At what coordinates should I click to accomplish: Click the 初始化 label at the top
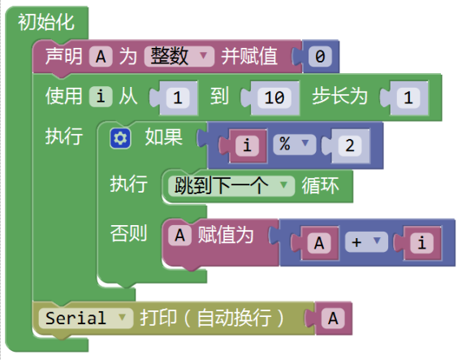point(46,23)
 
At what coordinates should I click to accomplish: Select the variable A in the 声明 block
point(101,56)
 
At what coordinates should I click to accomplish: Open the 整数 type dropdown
point(179,56)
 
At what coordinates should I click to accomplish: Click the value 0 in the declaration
point(320,56)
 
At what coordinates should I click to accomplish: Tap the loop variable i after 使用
point(101,97)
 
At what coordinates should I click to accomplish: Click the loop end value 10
point(274,98)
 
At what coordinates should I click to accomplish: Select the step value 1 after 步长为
point(408,98)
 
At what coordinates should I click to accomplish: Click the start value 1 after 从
point(177,98)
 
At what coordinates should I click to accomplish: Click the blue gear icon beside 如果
point(120,138)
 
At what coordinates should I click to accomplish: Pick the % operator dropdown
point(294,145)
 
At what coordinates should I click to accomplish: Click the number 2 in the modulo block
point(350,145)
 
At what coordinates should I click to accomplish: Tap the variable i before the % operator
point(247,145)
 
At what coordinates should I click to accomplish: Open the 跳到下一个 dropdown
point(231,186)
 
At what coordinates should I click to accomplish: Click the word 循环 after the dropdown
point(320,186)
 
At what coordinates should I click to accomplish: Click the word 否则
point(128,233)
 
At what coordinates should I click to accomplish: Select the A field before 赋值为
point(179,236)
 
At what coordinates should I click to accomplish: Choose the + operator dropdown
point(366,242)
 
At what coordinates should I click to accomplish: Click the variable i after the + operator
point(422,243)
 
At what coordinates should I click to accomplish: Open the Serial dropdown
point(85,318)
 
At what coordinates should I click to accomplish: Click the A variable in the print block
point(333,319)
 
